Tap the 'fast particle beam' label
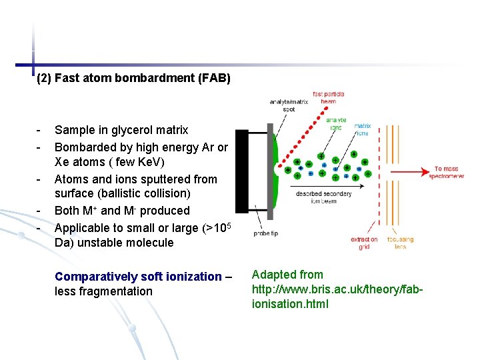click(x=328, y=97)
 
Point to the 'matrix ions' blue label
click(x=363, y=129)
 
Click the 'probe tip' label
click(x=265, y=233)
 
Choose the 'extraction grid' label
click(x=364, y=243)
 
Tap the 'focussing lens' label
click(x=400, y=243)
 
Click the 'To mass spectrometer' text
click(x=449, y=173)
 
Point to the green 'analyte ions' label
click(x=335, y=123)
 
